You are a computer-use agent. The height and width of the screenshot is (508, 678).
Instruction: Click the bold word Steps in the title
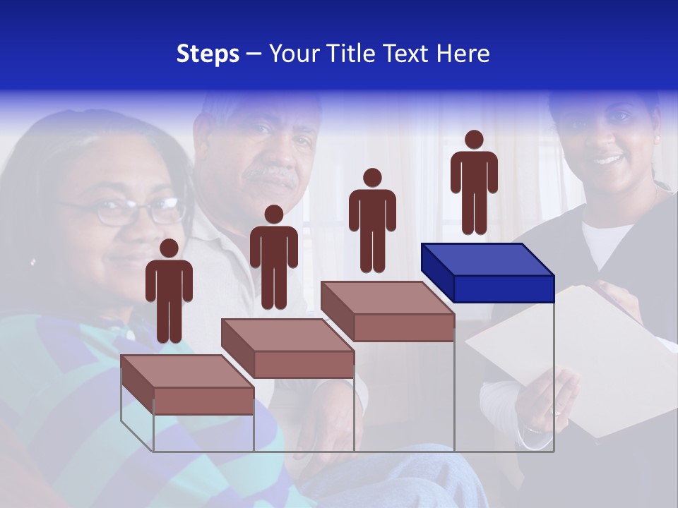point(208,54)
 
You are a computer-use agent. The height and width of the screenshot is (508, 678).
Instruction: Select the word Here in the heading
point(464,54)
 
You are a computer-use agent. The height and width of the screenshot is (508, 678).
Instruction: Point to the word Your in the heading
point(295,54)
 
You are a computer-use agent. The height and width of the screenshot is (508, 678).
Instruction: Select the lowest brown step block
point(187,385)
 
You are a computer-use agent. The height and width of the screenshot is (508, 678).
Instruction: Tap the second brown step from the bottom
point(287,349)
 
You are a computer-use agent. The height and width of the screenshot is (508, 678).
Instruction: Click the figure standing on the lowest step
point(169,293)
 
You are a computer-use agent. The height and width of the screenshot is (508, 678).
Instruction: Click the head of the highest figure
point(474,140)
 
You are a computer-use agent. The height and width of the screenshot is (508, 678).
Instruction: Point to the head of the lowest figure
point(169,248)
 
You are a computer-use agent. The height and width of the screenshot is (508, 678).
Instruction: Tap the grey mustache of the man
point(273,173)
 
